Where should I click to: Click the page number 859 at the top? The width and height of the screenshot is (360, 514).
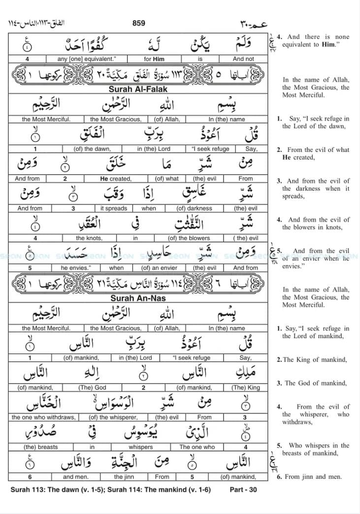point(139,23)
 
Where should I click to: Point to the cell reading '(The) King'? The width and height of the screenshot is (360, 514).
point(245,387)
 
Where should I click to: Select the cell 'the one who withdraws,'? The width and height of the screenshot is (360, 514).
point(43,417)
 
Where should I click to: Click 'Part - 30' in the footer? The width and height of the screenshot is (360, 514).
point(243,490)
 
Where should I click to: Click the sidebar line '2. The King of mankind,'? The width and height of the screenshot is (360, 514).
point(311,360)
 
